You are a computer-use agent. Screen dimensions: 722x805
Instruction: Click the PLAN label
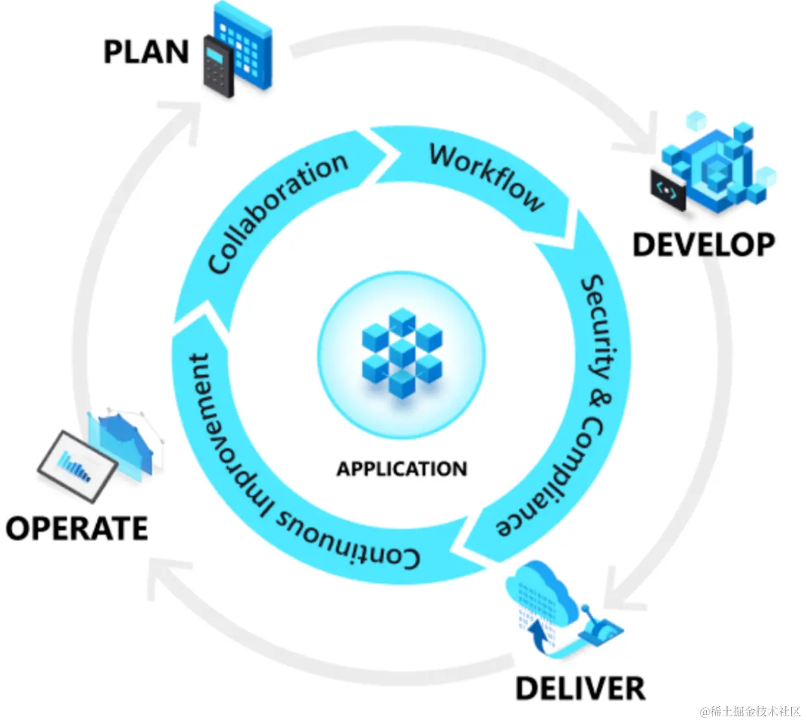coord(146,52)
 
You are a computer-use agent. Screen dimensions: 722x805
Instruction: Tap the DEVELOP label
coord(704,245)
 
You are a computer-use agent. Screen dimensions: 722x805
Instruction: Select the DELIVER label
coord(580,688)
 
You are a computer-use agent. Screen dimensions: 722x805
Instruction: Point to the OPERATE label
coord(77,528)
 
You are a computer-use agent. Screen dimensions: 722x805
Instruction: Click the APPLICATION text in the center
coord(402,469)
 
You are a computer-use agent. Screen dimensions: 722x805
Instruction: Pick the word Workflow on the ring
coord(487,177)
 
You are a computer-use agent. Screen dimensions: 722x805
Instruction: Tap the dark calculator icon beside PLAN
coord(218,66)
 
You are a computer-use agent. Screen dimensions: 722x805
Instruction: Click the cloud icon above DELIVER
coord(541,592)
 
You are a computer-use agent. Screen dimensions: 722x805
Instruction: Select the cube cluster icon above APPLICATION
coord(402,352)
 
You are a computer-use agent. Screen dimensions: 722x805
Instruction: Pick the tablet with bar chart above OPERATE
coord(77,466)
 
